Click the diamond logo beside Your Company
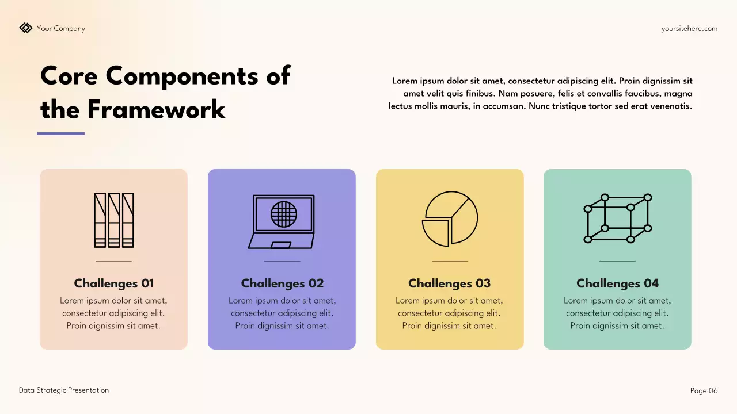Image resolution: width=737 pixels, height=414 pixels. [25, 28]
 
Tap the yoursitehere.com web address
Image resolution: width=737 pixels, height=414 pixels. [689, 29]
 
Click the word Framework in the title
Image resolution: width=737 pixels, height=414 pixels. [157, 109]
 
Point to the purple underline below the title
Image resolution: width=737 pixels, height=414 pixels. [61, 134]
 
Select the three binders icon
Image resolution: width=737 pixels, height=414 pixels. [114, 220]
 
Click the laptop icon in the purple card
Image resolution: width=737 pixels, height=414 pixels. [282, 221]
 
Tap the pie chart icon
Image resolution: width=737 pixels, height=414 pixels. [450, 219]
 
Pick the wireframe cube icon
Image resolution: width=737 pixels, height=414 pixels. [617, 218]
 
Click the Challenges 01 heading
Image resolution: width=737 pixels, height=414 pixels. [114, 283]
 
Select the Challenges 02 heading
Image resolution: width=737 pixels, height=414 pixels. [282, 283]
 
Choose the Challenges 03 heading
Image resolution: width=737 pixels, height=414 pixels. [449, 283]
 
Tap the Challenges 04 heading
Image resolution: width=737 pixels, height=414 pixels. [617, 283]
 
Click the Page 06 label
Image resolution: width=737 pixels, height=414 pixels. [704, 391]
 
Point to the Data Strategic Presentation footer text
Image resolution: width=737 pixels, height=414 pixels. [64, 390]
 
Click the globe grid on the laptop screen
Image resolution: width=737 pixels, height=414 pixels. [284, 214]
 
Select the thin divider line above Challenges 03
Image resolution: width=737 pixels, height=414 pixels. [450, 262]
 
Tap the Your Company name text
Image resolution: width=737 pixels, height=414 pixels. [60, 29]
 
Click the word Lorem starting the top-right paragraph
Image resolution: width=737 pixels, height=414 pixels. [404, 81]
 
